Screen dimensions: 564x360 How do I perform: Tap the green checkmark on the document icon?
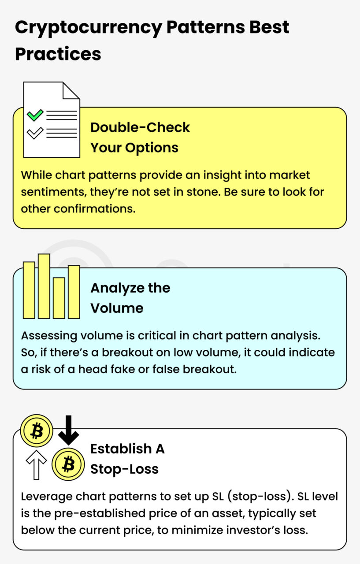(x=35, y=115)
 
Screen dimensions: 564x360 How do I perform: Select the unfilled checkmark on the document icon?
(x=35, y=133)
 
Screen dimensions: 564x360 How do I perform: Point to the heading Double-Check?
(x=140, y=127)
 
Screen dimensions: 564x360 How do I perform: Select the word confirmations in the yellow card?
(x=94, y=208)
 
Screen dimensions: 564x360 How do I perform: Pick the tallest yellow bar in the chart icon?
(x=44, y=286)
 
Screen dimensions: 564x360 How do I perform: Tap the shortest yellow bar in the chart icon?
(x=59, y=298)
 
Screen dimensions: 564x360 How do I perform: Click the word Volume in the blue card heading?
(x=117, y=308)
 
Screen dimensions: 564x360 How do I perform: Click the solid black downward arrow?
(x=68, y=430)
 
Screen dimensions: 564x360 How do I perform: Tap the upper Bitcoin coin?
(x=37, y=430)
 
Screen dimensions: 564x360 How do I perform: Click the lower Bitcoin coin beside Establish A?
(x=68, y=464)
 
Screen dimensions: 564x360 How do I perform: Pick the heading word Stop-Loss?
(x=124, y=469)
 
